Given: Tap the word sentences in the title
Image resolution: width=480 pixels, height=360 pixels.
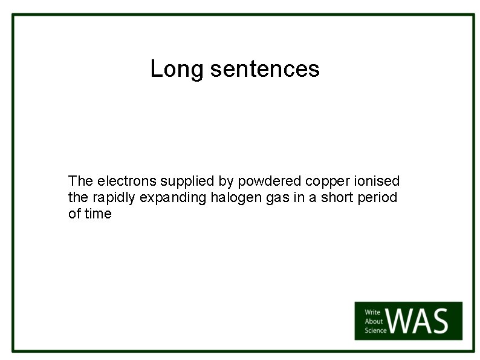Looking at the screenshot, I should [265, 69].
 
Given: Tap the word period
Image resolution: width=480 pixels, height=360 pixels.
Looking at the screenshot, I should [380, 197].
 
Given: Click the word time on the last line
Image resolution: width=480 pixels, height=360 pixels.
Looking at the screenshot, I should [98, 214].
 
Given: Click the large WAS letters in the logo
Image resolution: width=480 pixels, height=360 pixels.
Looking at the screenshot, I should [420, 321].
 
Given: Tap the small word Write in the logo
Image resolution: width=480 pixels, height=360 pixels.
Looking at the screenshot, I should [372, 312].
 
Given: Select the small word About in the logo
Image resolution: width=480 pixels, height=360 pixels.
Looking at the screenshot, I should [373, 321].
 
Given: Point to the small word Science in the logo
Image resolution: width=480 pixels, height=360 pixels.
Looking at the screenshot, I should [375, 330].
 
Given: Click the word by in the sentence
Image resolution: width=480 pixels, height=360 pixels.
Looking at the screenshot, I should [215, 182].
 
